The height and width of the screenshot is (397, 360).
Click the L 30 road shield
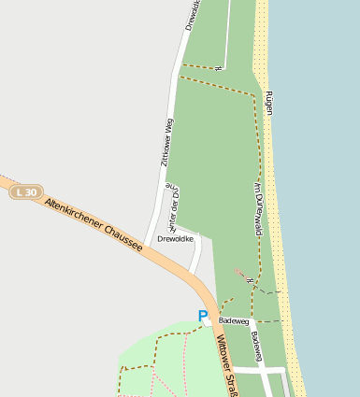pos(27,192)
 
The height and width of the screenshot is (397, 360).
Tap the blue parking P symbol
pos(203,317)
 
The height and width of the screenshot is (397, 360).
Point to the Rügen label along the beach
pos(269,103)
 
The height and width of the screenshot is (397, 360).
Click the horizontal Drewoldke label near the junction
pos(176,239)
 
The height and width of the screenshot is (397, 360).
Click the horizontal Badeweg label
pos(235,320)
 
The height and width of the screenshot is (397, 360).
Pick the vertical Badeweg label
pos(256,346)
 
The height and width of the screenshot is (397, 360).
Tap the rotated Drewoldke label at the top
pos(193,14)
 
